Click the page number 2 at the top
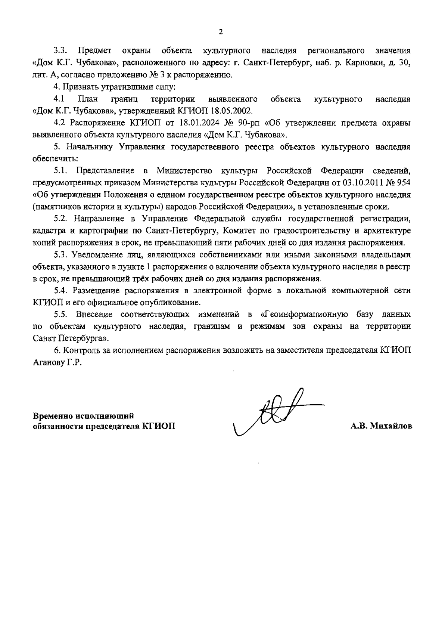tap(221, 32)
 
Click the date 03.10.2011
tap(360, 183)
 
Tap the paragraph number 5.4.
tap(60, 290)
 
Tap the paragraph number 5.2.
tap(60, 219)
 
